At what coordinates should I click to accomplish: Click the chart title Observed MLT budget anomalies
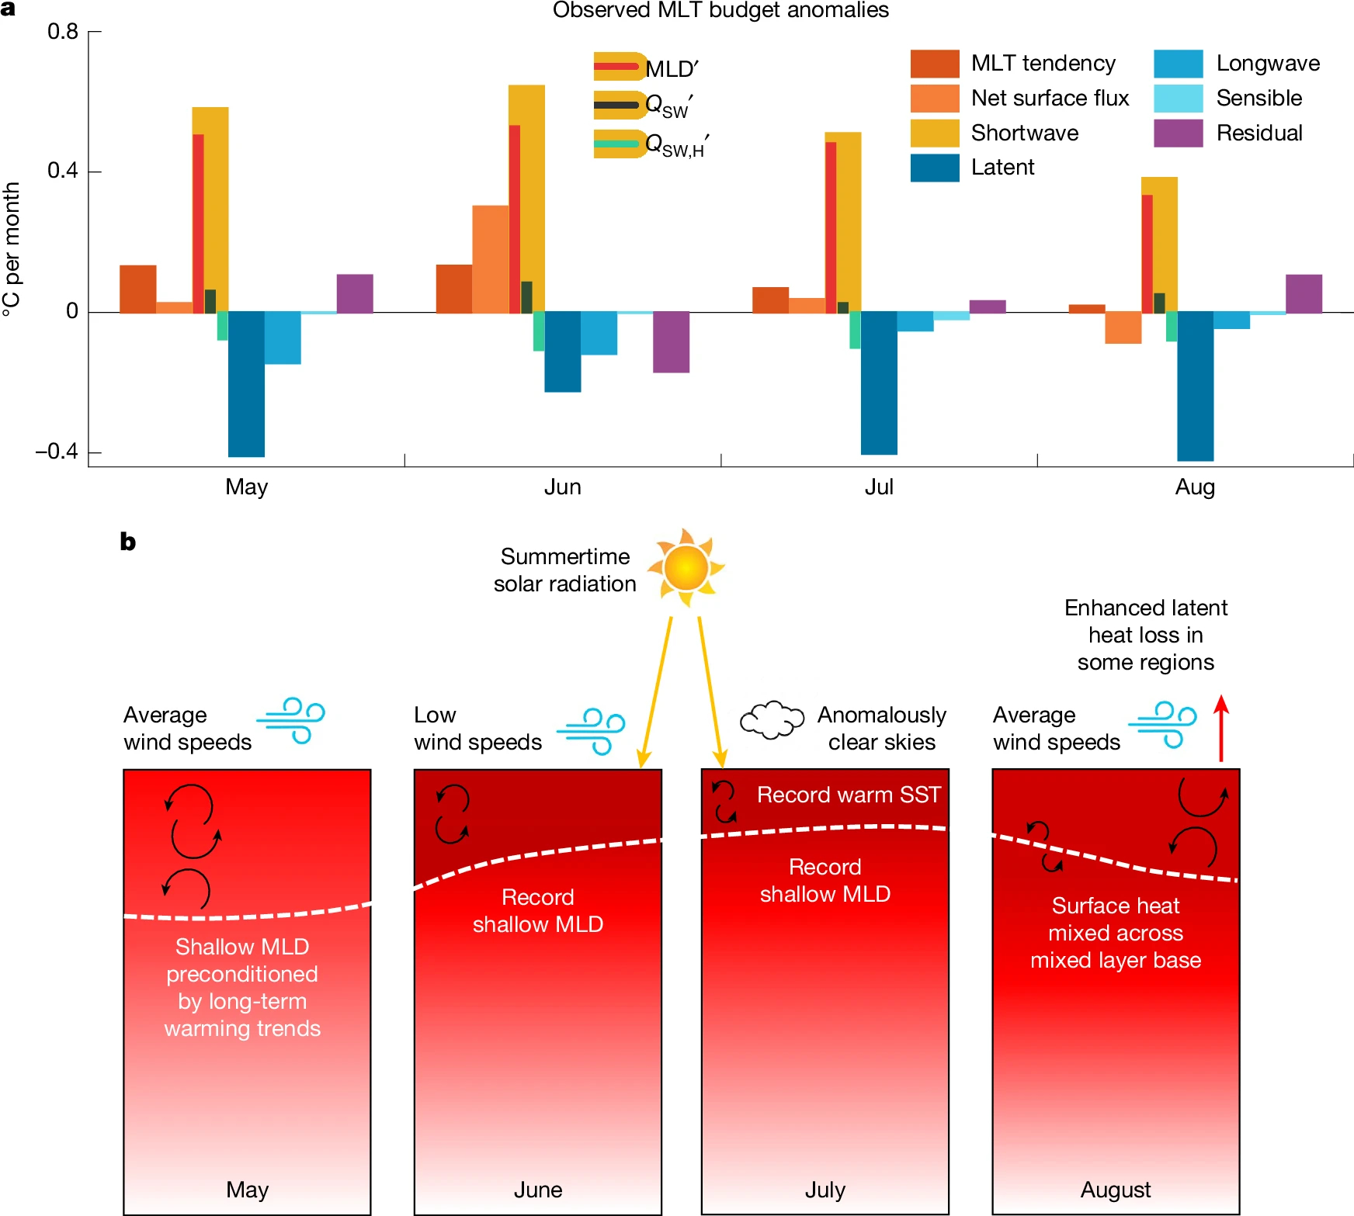[720, 10]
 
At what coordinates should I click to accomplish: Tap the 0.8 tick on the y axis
[63, 32]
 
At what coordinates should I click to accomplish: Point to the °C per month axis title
[12, 249]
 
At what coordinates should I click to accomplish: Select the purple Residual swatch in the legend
[1178, 133]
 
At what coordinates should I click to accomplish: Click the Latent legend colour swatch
[935, 168]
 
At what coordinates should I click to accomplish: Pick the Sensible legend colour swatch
[1178, 99]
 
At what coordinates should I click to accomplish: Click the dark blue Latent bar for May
[246, 383]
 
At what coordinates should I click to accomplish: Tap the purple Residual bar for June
[671, 341]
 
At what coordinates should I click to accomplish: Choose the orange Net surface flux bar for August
[1123, 327]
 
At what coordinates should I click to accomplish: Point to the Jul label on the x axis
[879, 487]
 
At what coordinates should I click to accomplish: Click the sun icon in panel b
[686, 566]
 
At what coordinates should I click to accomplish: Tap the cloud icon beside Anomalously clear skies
[771, 720]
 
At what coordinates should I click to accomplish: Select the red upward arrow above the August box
[1221, 727]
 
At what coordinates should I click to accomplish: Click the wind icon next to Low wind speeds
[591, 730]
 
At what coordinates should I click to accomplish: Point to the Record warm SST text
[849, 795]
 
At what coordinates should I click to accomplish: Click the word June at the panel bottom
[538, 1190]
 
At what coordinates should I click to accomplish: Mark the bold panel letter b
[128, 542]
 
